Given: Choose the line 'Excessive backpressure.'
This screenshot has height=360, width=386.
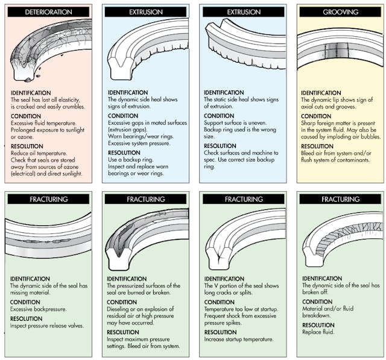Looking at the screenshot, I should click(x=37, y=309).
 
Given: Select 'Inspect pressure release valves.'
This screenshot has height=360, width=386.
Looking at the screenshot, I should click(x=46, y=326).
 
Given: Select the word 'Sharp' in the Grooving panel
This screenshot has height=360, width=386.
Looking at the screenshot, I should click(x=309, y=123).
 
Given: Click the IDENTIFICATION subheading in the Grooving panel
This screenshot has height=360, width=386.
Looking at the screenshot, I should click(x=321, y=92).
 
